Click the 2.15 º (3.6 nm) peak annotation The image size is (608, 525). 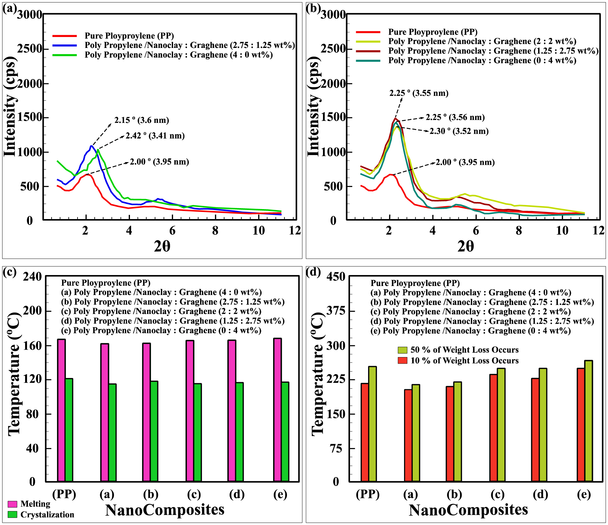142,120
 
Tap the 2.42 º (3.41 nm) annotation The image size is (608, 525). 155,136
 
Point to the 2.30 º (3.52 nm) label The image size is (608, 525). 459,131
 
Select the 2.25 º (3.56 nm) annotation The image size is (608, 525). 455,117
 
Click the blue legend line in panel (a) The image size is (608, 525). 65,46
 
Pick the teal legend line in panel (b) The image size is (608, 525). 368,61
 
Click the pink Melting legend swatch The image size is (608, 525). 13,504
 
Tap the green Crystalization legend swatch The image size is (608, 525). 13,514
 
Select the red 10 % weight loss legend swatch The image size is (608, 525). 402,361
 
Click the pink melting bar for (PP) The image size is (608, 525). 61,410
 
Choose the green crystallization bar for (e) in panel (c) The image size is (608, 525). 285,432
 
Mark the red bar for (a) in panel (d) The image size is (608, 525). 408,436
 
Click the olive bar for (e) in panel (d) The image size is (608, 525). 588,421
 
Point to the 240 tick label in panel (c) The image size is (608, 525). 32,277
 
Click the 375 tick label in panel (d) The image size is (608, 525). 336,311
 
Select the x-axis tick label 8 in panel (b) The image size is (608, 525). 519,231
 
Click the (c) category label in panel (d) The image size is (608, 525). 498,494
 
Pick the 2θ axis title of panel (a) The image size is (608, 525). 162,246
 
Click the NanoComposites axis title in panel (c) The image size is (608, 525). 165,510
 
